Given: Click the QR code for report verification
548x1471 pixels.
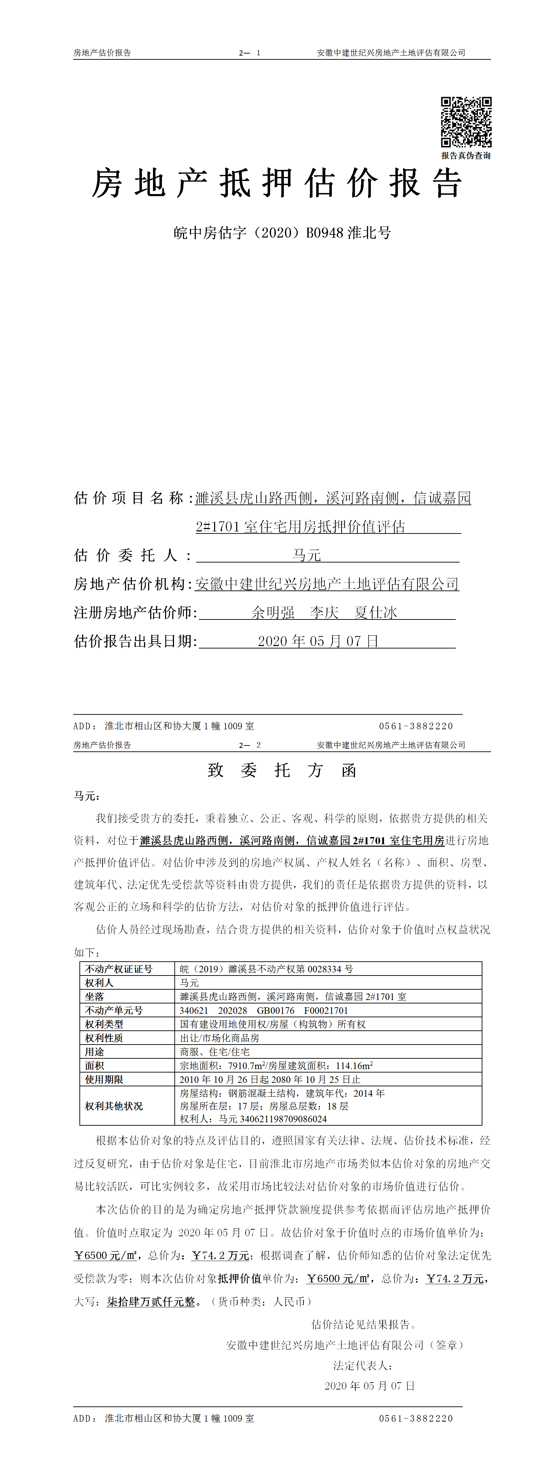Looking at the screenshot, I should [x=466, y=122].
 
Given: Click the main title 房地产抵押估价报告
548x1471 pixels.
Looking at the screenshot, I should [x=276, y=184].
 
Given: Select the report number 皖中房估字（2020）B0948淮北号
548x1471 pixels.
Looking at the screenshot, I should [x=282, y=233].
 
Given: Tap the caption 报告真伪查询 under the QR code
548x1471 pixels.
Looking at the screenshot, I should [x=466, y=155].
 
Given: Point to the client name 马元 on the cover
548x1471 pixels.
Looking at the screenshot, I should [x=307, y=555].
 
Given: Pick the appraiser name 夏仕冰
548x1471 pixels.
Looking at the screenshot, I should [x=376, y=613].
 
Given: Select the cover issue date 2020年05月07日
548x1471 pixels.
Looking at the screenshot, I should [x=318, y=641].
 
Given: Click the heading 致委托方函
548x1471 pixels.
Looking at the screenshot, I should [x=282, y=770].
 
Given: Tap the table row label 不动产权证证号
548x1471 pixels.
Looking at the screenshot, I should [x=119, y=969].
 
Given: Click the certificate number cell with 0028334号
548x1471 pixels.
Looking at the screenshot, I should [x=267, y=969].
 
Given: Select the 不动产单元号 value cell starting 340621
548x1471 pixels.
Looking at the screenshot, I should [x=264, y=1010].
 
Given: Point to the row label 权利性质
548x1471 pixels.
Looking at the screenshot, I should [x=104, y=1038].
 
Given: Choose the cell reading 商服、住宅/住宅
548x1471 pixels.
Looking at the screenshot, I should [x=215, y=1051].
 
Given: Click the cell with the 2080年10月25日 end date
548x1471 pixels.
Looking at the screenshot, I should [x=270, y=1079].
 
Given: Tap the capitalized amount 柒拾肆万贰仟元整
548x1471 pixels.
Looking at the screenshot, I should [x=151, y=1301].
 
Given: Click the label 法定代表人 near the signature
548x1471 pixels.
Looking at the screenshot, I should [x=363, y=1365].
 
